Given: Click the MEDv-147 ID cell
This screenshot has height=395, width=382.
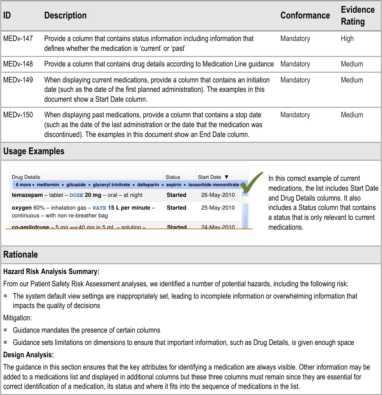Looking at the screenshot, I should pyautogui.click(x=18, y=39).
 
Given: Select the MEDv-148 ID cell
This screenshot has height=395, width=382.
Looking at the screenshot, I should pyautogui.click(x=18, y=64).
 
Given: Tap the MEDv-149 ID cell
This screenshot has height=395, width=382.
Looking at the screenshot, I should pyautogui.click(x=18, y=80).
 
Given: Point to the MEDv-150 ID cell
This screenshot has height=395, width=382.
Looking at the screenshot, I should pyautogui.click(x=18, y=115).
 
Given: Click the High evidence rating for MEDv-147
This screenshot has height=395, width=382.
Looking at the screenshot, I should pyautogui.click(x=347, y=39).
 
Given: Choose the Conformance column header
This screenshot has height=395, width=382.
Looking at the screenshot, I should pyautogui.click(x=305, y=16).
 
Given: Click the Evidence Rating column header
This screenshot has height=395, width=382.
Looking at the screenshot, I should pyautogui.click(x=357, y=16).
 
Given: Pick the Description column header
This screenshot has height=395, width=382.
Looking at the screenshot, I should pyautogui.click(x=65, y=16).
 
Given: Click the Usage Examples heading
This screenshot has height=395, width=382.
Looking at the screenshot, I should pyautogui.click(x=34, y=151).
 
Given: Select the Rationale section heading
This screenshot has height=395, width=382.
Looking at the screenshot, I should pyautogui.click(x=20, y=254).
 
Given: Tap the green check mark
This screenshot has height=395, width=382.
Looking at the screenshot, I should pyautogui.click(x=251, y=183).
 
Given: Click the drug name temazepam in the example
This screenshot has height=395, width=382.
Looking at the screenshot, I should pyautogui.click(x=27, y=195).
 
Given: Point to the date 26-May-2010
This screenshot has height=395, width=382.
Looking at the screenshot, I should pyautogui.click(x=218, y=195).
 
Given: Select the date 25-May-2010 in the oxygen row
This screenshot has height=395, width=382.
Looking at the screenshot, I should pyautogui.click(x=218, y=208).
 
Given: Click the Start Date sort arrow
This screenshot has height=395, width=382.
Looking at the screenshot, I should pyautogui.click(x=227, y=177).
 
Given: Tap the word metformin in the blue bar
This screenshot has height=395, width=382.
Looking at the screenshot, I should pyautogui.click(x=48, y=185).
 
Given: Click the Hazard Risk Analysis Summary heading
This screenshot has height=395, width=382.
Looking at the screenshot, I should pyautogui.click(x=51, y=272).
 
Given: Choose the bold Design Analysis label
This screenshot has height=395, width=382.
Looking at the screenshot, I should pyautogui.click(x=28, y=354).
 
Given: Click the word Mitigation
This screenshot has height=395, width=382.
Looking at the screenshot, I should pyautogui.click(x=17, y=317).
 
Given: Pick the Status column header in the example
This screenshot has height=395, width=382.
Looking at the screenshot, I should pyautogui.click(x=173, y=177).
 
